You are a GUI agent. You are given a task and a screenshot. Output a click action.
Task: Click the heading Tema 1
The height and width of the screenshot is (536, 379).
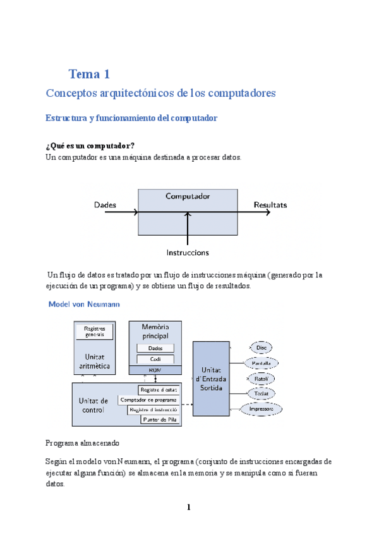pos(90,74)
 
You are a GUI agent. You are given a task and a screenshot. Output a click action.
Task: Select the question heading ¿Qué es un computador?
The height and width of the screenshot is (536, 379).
pos(90,146)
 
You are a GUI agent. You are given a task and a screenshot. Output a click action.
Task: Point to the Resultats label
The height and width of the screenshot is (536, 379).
pos(270,205)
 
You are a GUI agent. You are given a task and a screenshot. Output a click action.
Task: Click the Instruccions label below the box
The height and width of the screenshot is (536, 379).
pos(188,252)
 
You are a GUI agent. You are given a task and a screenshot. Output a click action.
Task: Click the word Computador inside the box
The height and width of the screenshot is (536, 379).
pos(188,196)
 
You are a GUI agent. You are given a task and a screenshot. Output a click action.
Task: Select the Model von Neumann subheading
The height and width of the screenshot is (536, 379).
pos(85,305)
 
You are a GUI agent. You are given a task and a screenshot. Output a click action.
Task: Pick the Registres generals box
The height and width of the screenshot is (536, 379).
pos(94,331)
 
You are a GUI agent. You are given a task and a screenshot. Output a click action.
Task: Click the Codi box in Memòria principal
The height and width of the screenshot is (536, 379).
pos(155,358)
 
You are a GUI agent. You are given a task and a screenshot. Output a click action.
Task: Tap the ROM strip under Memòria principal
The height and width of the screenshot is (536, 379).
pos(155,369)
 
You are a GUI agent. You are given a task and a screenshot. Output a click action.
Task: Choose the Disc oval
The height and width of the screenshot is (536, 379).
pos(262,347)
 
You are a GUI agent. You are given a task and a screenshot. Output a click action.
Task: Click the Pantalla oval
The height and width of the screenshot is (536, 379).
pos(262,363)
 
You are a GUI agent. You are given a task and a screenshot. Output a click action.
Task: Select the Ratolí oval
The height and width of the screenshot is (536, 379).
pos(262,378)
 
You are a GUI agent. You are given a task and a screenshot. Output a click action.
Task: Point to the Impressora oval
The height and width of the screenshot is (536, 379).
pos(262,409)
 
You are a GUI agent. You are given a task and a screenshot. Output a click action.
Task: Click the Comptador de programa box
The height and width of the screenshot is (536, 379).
pos(148,399)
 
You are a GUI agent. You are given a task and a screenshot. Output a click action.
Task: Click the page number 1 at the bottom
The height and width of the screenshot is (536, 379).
pos(188,508)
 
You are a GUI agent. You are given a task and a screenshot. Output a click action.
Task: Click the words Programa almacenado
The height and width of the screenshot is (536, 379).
pos(82,442)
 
